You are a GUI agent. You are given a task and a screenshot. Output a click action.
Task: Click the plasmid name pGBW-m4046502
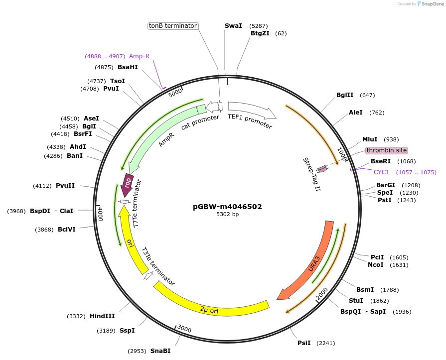227,207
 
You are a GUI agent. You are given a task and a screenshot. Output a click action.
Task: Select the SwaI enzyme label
233,25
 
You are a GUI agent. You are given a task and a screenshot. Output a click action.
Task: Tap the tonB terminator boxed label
173,26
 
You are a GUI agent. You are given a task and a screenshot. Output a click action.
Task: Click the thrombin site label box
386,150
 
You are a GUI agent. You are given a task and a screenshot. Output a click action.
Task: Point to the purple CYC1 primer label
381,172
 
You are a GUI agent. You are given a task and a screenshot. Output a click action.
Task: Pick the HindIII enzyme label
102,316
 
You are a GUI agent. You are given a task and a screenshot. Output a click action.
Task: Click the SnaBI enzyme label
160,351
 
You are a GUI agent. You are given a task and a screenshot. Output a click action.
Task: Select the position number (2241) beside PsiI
326,343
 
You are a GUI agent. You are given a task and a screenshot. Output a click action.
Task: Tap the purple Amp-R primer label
139,56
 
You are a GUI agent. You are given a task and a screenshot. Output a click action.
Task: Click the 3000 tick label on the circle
184,329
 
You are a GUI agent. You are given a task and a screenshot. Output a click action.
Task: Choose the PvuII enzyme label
65,186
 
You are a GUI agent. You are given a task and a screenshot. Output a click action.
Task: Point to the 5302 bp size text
227,215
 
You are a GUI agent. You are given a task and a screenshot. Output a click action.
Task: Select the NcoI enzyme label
376,265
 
